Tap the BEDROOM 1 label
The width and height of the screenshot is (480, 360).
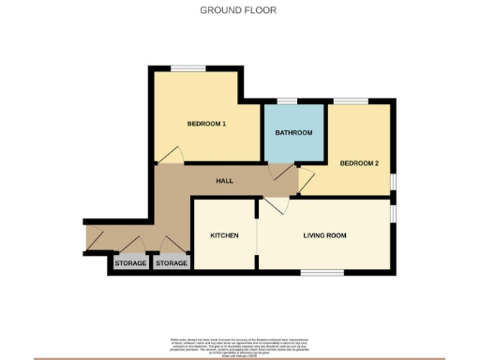click(205, 124)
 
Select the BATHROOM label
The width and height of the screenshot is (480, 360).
click(292, 133)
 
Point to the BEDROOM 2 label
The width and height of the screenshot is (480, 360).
click(358, 163)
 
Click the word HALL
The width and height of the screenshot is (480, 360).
click(225, 181)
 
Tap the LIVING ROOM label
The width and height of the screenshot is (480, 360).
click(324, 235)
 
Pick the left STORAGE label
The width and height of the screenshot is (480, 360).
click(130, 264)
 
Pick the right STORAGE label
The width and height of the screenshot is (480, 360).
click(172, 264)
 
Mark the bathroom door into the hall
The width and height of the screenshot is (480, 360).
click(280, 172)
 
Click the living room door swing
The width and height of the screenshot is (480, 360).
click(272, 207)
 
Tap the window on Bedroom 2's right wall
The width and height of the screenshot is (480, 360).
click(393, 179)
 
